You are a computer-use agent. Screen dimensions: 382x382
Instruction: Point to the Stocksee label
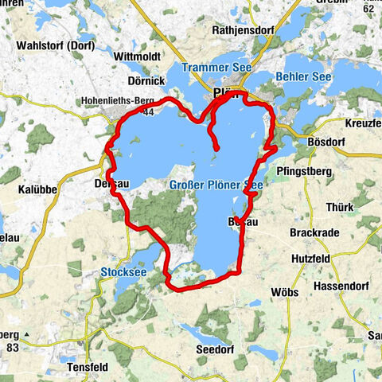[124, 272]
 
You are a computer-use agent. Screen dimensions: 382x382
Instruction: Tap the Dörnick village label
[146, 80]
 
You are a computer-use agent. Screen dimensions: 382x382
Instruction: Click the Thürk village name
[341, 207]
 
